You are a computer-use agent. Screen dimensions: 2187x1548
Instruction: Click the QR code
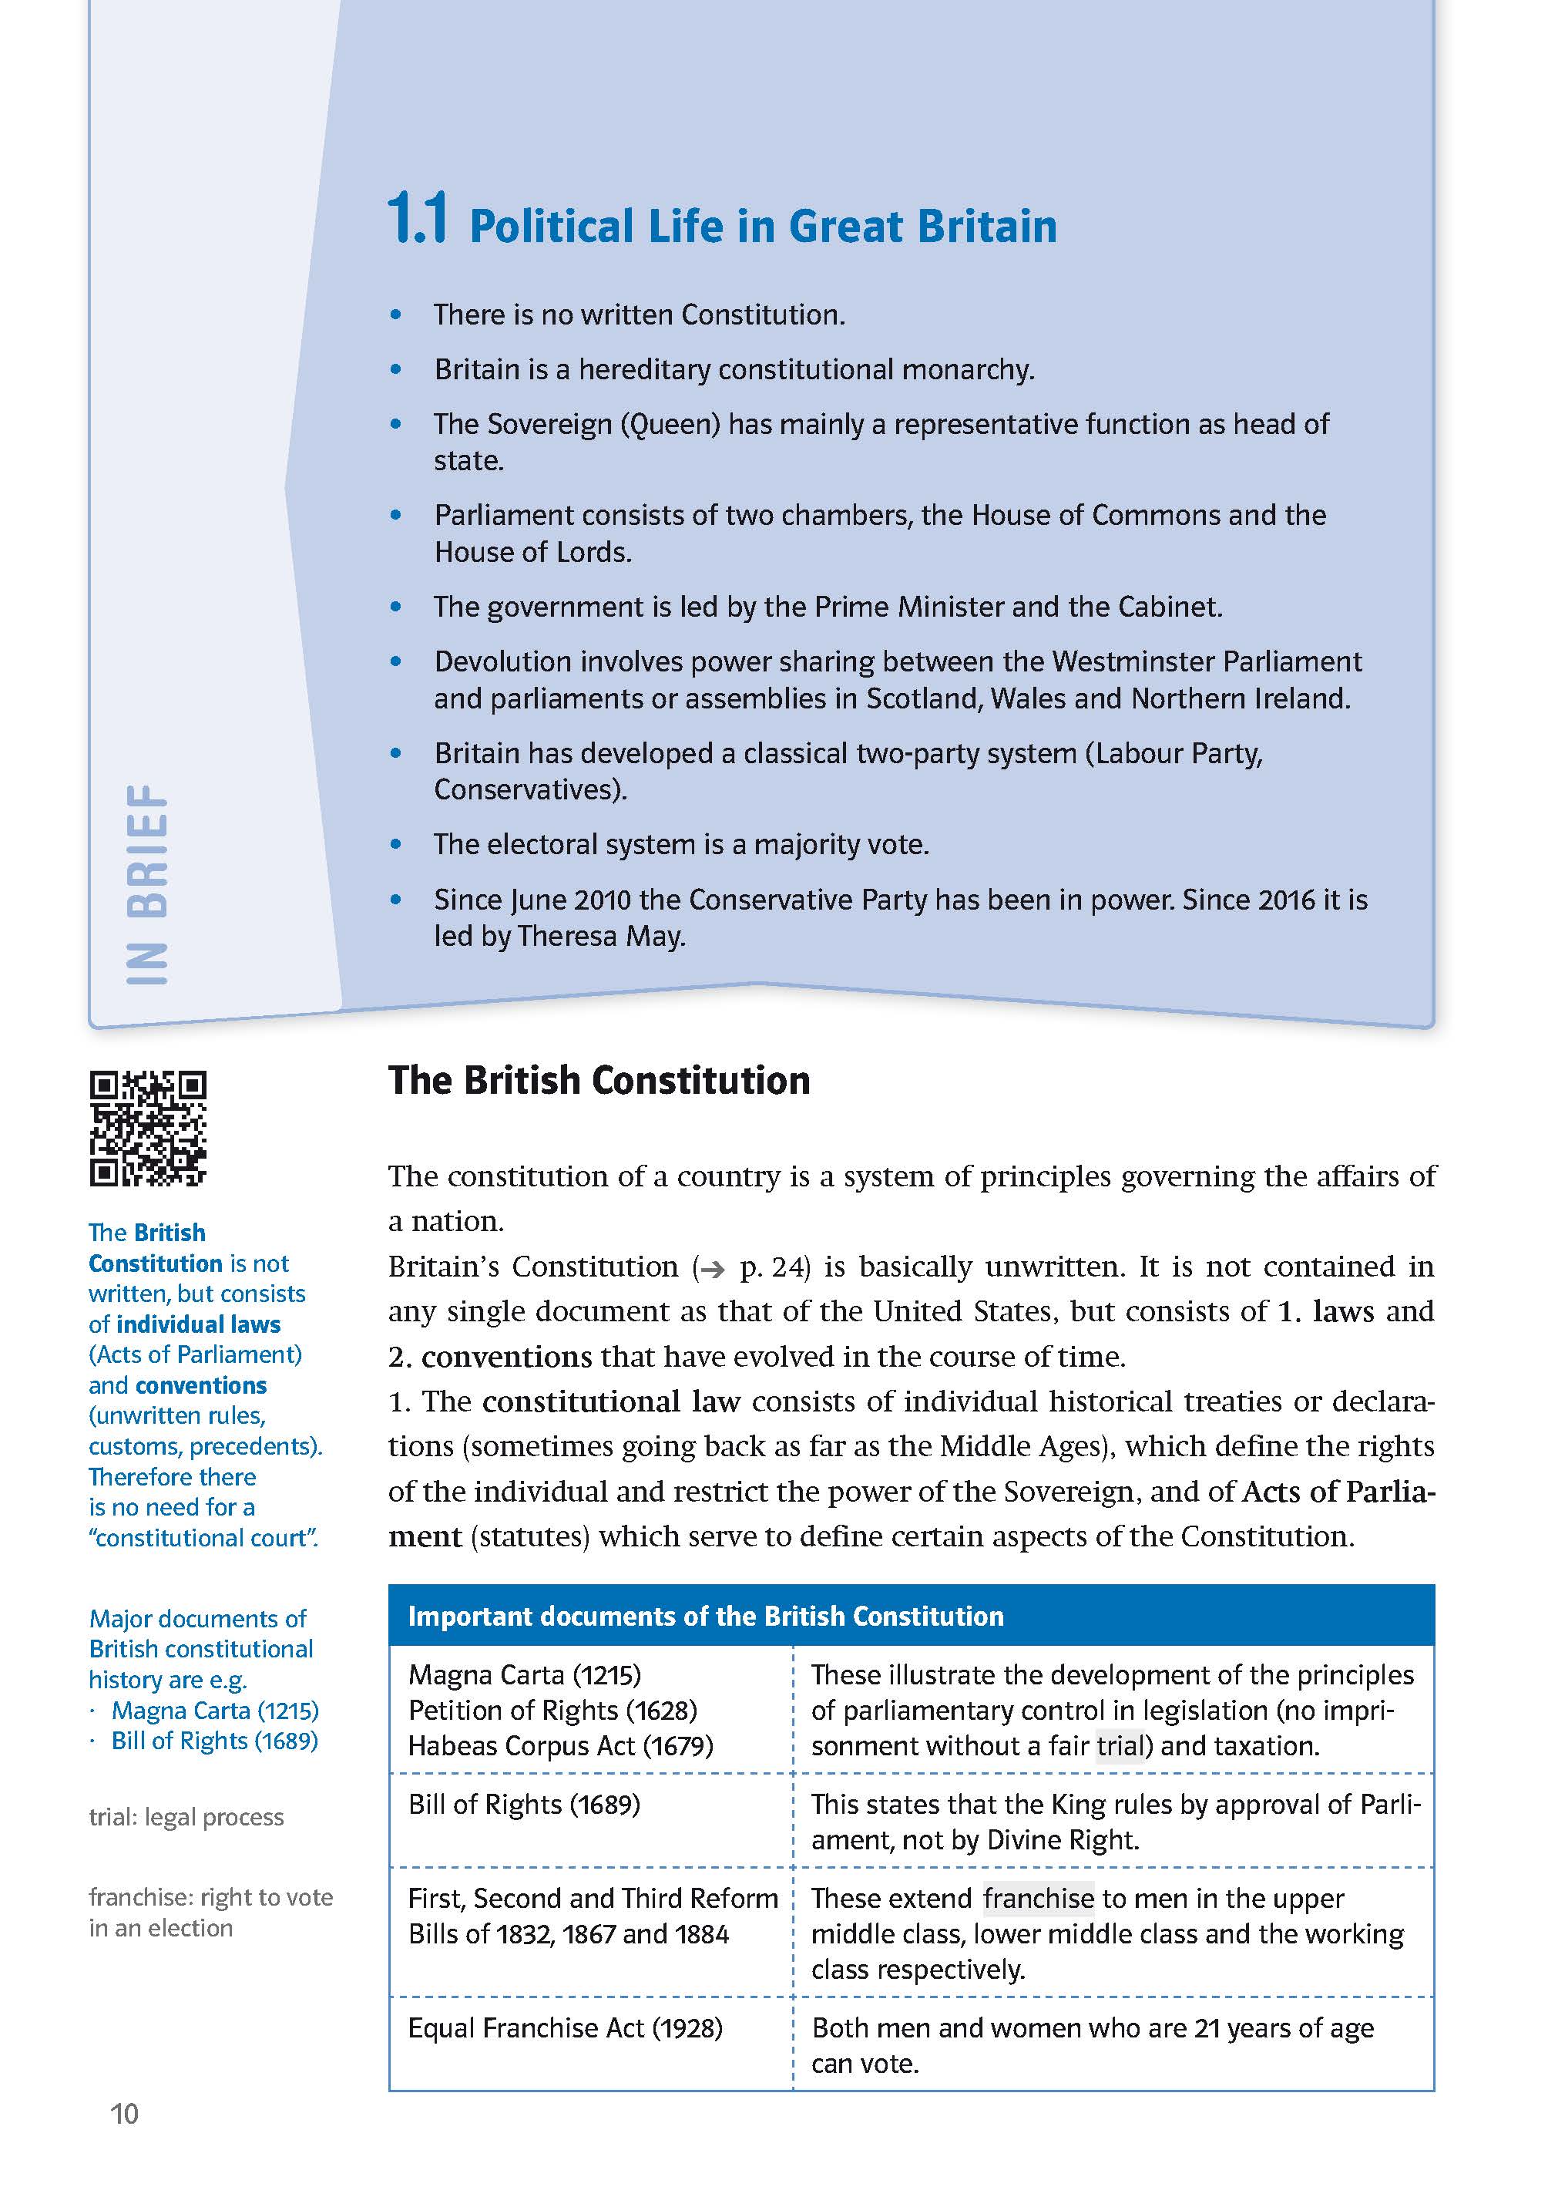tap(148, 1128)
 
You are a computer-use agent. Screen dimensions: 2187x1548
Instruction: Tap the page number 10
tap(124, 2115)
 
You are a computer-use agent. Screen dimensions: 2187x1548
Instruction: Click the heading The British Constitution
tap(599, 1081)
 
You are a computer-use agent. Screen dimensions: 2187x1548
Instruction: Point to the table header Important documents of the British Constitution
tap(705, 1616)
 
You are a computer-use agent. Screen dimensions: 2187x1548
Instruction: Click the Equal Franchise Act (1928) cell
tap(566, 2027)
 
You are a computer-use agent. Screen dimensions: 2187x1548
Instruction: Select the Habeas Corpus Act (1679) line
tap(560, 1745)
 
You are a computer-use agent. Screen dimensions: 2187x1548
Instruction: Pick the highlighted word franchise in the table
tap(1038, 1898)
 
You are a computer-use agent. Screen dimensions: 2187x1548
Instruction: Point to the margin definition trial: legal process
tap(186, 1817)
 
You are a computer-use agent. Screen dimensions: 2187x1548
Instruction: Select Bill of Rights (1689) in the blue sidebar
tap(214, 1741)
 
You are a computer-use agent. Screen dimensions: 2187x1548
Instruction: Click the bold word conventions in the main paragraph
tap(507, 1357)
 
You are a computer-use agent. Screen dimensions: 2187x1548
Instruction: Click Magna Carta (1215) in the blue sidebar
tap(214, 1711)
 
